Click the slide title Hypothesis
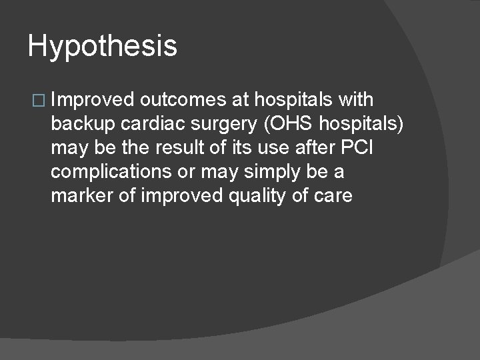point(103,47)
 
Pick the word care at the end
point(334,196)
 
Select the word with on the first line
point(356,100)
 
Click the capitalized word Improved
point(92,100)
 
